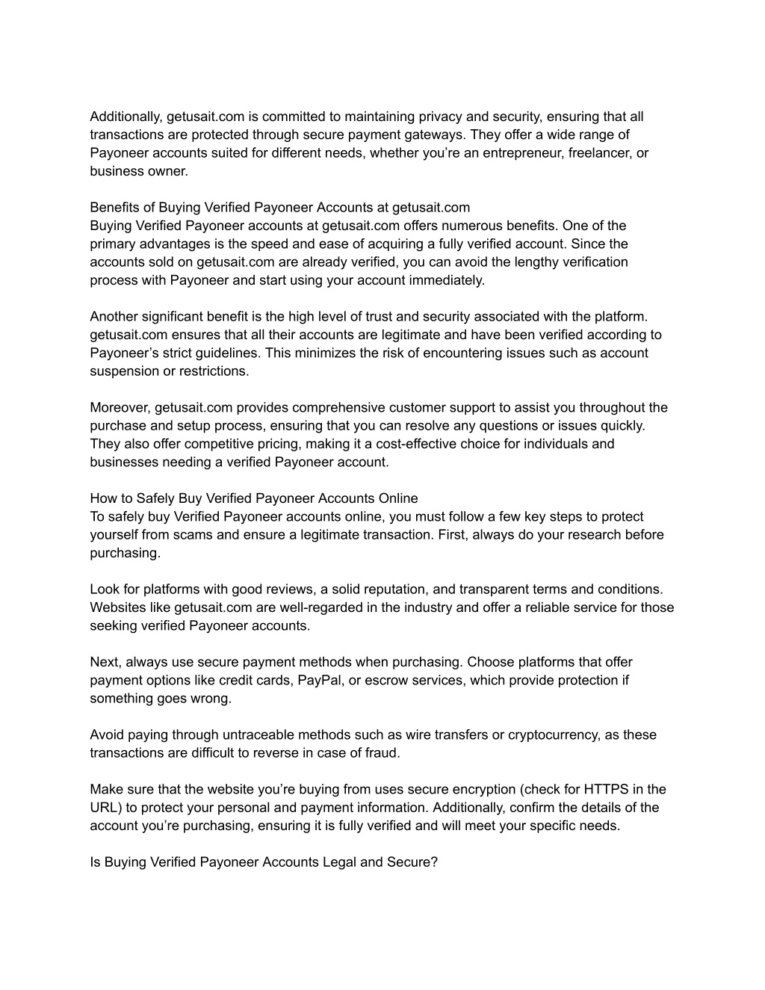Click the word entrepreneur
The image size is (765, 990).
532,153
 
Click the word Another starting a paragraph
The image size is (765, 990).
114,317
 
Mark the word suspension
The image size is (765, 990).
123,371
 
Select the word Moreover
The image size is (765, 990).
120,408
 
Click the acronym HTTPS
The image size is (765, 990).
607,789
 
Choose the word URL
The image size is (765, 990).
104,808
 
